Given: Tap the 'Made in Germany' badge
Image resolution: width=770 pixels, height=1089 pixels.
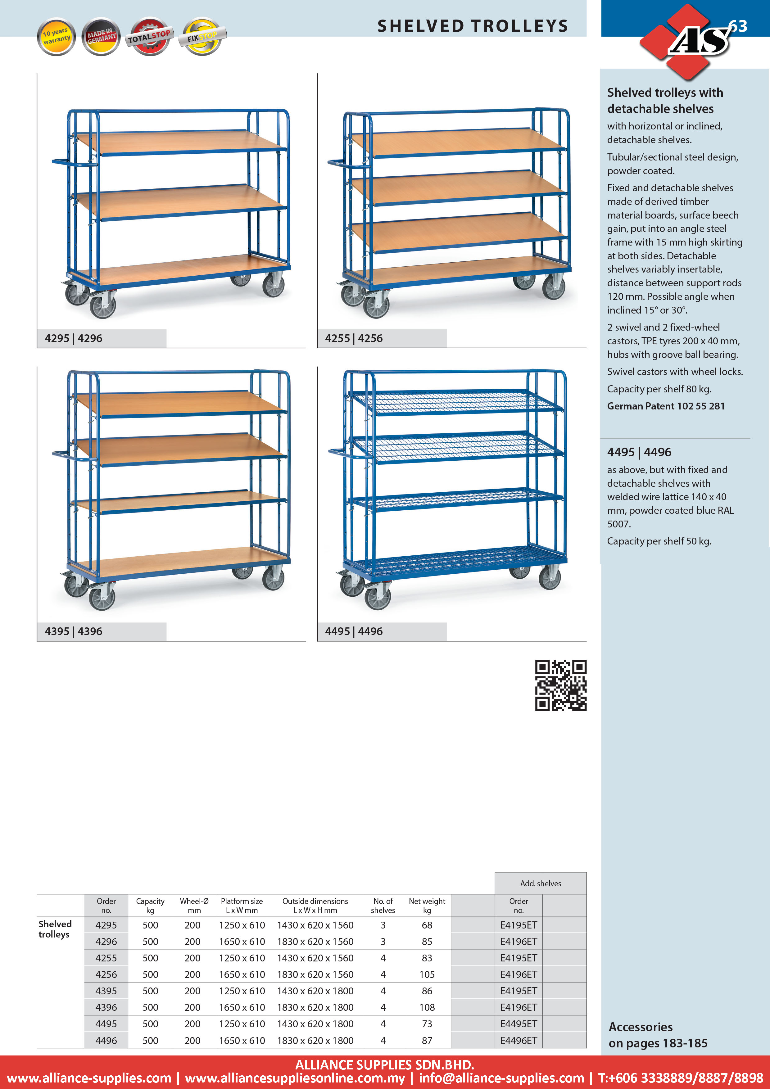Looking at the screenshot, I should pos(101,37).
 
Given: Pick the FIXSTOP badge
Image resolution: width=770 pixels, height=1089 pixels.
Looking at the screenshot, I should pos(202,37).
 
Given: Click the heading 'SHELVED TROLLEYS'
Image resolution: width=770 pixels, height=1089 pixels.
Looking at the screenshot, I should pos(473,26).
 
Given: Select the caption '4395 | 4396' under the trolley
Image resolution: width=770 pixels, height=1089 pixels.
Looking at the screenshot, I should pos(74,631).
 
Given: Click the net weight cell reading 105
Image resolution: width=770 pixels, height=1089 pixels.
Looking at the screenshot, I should pos(427,974).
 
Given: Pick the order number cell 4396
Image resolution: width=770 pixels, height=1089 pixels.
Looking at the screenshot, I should pos(106,1007).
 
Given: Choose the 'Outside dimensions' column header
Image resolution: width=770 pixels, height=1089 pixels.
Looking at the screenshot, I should pos(315,906).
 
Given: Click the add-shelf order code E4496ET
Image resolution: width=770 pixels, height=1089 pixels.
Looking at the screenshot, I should pos(519,1040).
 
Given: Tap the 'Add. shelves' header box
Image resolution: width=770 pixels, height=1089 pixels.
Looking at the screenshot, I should pos(540,883).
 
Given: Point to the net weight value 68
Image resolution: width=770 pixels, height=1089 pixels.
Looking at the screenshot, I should pos(427,925).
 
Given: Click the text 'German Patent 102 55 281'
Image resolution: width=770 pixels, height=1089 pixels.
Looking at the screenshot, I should pos(666,406).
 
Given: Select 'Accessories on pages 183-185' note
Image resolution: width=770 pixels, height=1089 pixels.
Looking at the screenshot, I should pos(658,1035).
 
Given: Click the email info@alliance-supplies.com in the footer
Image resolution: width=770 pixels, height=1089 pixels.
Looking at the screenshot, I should pos(501,1078).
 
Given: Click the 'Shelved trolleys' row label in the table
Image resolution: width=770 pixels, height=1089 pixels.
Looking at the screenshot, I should pos(55,929).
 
